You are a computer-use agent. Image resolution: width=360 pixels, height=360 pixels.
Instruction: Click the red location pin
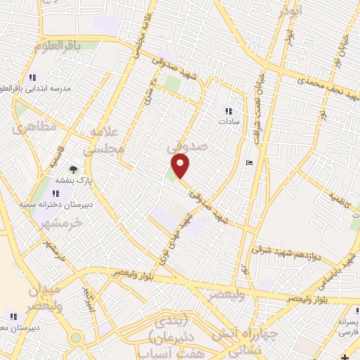181,166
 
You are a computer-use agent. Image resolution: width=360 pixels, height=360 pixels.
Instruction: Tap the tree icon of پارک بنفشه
72,169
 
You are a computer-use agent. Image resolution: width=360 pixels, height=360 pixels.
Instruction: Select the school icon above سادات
228,110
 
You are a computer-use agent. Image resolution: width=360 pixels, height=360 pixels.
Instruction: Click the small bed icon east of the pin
248,162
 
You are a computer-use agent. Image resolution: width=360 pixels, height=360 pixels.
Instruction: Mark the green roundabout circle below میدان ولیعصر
76,337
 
